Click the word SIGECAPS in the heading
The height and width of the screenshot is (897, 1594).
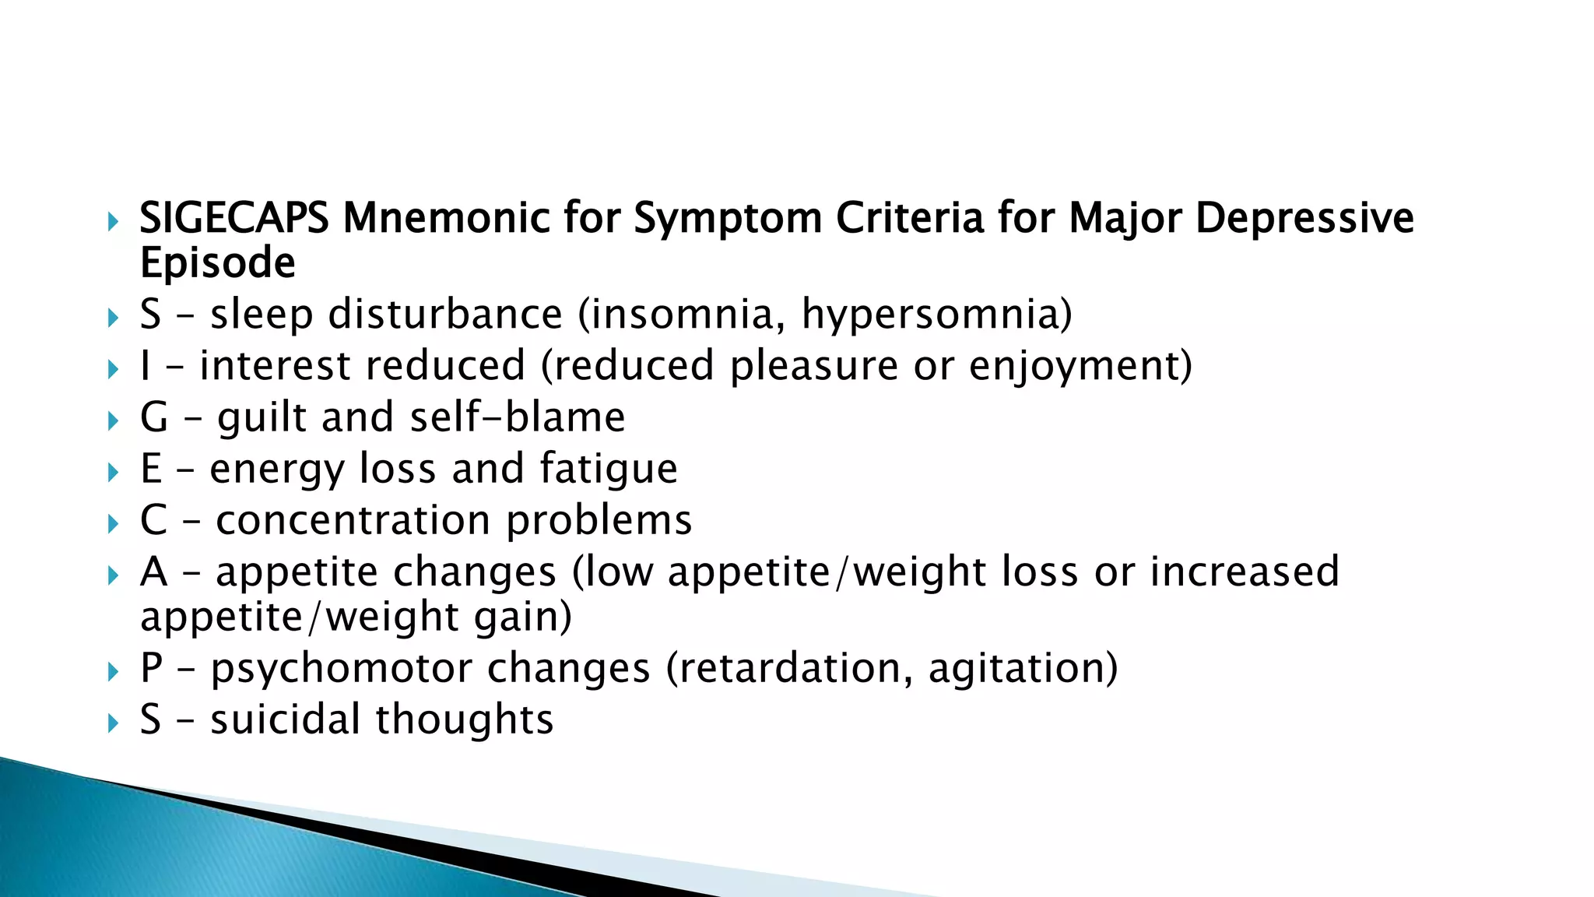pos(233,218)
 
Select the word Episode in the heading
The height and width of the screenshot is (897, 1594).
pos(217,262)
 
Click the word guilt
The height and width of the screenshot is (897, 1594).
pos(262,417)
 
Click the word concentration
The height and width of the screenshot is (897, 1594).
pos(353,520)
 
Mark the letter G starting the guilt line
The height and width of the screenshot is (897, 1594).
pos(154,417)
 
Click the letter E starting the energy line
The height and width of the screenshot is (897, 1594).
pos(151,469)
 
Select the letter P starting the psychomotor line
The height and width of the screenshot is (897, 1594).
pos(151,668)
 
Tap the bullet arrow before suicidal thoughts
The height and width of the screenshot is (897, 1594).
pos(114,723)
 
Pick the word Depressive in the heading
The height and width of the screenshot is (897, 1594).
pos(1304,218)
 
